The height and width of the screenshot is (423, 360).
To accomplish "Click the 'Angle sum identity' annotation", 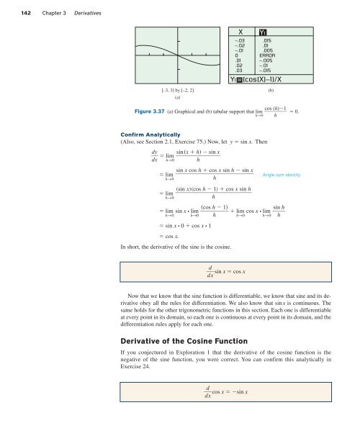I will [x=285, y=175].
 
